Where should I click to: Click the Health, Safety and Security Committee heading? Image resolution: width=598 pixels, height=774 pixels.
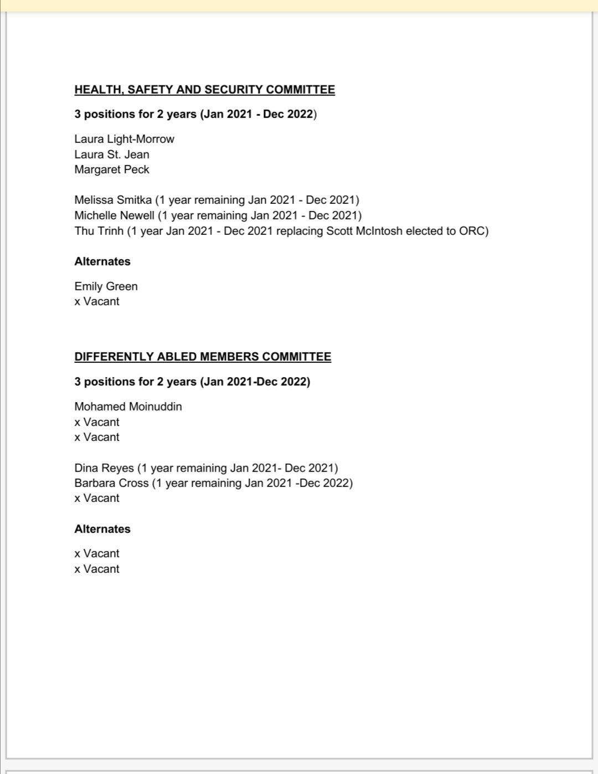click(204, 90)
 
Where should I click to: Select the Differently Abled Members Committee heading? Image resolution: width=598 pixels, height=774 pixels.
click(203, 357)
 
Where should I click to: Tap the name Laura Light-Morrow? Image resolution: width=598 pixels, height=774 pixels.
click(124, 139)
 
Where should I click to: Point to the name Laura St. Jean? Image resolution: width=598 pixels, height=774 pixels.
click(112, 155)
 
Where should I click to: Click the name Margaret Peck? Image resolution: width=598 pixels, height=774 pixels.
click(112, 170)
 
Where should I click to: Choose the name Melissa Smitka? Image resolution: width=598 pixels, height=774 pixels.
click(113, 200)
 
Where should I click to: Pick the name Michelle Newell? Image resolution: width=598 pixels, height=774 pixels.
click(114, 216)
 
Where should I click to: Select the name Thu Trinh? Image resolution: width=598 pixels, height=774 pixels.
click(99, 231)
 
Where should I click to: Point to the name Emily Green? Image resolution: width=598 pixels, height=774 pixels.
click(106, 286)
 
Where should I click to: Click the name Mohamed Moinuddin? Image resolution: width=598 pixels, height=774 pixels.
click(128, 407)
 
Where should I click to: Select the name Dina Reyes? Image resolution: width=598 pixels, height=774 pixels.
click(104, 468)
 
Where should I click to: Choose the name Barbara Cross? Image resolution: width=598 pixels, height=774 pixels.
click(111, 483)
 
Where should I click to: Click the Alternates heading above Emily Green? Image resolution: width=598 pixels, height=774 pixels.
click(102, 262)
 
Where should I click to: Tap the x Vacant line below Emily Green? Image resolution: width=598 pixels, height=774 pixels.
click(97, 301)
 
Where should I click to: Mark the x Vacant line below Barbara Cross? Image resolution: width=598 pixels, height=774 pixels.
click(97, 498)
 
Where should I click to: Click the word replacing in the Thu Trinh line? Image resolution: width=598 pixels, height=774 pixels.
click(299, 231)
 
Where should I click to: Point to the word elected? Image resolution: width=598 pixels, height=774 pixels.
click(425, 231)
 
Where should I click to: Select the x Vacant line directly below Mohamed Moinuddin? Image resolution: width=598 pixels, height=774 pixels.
click(97, 422)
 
